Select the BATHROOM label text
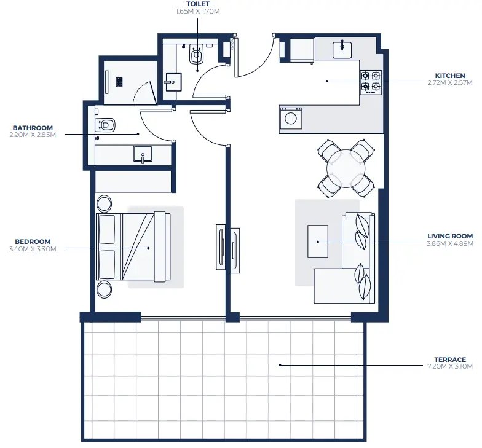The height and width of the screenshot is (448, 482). pyautogui.click(x=33, y=128)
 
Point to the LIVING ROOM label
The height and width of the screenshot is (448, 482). pyautogui.click(x=450, y=235)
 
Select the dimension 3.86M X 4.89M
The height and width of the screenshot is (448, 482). pyautogui.click(x=450, y=242)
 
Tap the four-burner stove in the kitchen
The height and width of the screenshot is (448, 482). pyautogui.click(x=371, y=81)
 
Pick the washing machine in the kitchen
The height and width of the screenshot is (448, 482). pyautogui.click(x=291, y=118)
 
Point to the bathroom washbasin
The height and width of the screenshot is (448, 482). pyautogui.click(x=143, y=154)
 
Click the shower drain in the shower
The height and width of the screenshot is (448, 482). pyautogui.click(x=120, y=80)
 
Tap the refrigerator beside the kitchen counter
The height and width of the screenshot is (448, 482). pyautogui.click(x=302, y=49)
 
